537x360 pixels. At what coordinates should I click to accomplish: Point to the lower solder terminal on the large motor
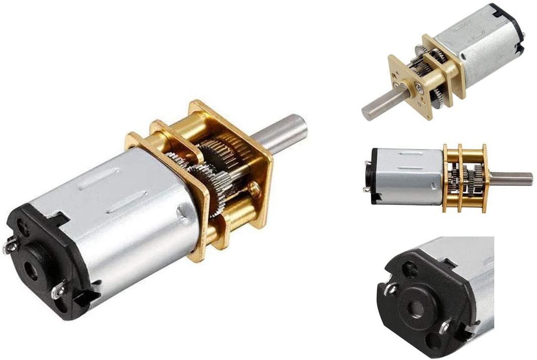(x=60, y=289)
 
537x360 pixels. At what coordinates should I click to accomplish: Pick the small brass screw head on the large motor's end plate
(x=255, y=188)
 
